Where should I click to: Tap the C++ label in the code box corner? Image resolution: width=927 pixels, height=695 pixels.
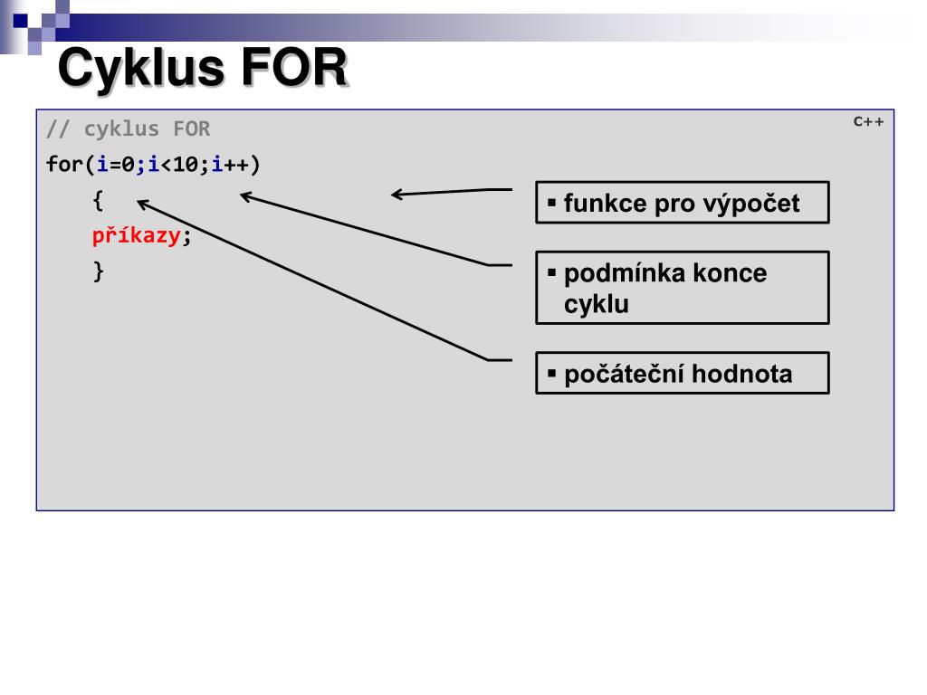(x=867, y=121)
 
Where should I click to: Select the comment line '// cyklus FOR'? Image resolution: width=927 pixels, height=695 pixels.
(x=128, y=129)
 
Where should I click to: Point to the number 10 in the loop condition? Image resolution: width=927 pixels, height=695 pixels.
(x=186, y=165)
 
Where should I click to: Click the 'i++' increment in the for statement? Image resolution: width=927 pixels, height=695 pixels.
(x=231, y=165)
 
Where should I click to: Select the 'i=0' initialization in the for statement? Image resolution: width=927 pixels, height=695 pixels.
(x=116, y=165)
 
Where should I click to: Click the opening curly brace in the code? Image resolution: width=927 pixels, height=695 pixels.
(x=98, y=199)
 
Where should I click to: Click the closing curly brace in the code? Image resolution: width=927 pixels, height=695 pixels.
(x=99, y=271)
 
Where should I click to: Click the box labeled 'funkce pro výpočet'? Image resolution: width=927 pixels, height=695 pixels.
(x=682, y=203)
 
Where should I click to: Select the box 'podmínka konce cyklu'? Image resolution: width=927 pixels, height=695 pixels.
(x=682, y=288)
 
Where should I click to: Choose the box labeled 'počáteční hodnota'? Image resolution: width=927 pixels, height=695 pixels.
(x=682, y=373)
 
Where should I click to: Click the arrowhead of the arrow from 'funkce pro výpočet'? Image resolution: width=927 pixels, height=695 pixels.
(x=397, y=193)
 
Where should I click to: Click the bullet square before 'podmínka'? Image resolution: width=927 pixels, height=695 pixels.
(x=550, y=271)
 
